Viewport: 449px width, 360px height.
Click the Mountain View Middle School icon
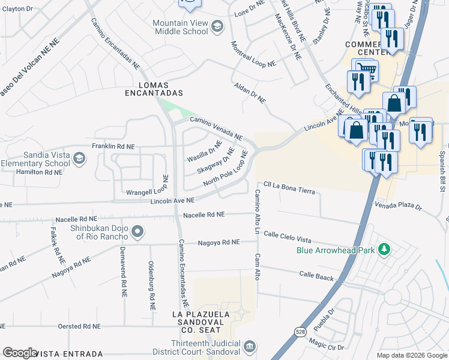tap(217, 25)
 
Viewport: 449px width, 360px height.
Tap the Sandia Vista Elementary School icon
tap(80, 158)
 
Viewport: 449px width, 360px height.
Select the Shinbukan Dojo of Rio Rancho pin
tap(137, 231)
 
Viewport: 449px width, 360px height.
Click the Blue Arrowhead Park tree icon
tap(382, 249)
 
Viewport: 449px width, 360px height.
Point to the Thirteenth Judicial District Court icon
tap(250, 346)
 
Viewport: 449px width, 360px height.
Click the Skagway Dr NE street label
tap(215, 161)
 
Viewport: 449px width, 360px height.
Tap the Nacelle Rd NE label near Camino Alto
tap(203, 214)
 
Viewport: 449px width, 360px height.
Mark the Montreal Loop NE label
tap(253, 55)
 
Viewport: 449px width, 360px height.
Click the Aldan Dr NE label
tap(250, 93)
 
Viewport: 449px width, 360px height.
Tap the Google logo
tap(20, 353)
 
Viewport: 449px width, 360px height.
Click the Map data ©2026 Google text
tap(411, 355)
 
